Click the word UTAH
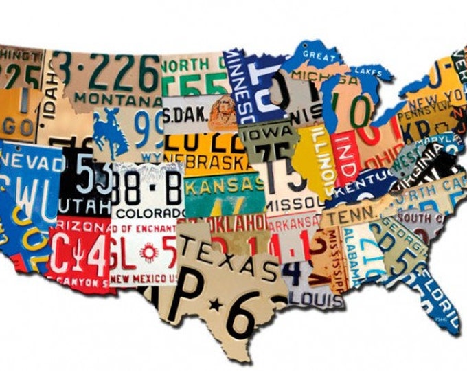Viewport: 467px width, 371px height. (x=76, y=205)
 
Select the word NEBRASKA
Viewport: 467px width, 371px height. (x=206, y=161)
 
